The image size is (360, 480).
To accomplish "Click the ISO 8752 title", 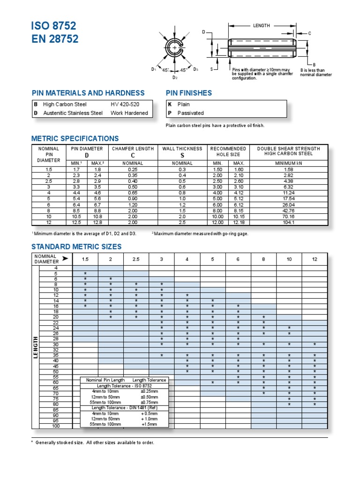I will pyautogui.click(x=53, y=25).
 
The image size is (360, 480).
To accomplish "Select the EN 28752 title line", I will pyautogui.click(x=55, y=39).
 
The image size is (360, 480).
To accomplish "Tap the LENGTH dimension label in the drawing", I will pyautogui.click(x=261, y=26).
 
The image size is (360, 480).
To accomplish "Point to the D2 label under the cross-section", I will pyautogui.click(x=175, y=77).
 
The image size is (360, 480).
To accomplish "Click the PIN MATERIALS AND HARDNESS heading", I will pyautogui.click(x=88, y=93).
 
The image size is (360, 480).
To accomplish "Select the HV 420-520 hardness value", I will pyautogui.click(x=125, y=105).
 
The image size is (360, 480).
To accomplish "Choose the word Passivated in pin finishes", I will pyautogui.click(x=190, y=113).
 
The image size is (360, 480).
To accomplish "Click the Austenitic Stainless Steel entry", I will pyautogui.click(x=73, y=113).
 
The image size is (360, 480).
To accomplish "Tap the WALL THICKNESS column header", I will pyautogui.click(x=182, y=149).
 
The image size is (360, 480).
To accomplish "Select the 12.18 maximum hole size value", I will pyautogui.click(x=239, y=223).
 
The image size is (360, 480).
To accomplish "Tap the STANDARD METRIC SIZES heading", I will pyautogui.click(x=76, y=247).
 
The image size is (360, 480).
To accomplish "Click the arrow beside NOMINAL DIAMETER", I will pyautogui.click(x=64, y=259).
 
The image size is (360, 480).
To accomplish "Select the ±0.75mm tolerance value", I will pyautogui.click(x=149, y=402).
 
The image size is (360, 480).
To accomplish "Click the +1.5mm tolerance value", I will pyautogui.click(x=149, y=424).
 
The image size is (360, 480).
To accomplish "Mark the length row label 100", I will pyautogui.click(x=56, y=426).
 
